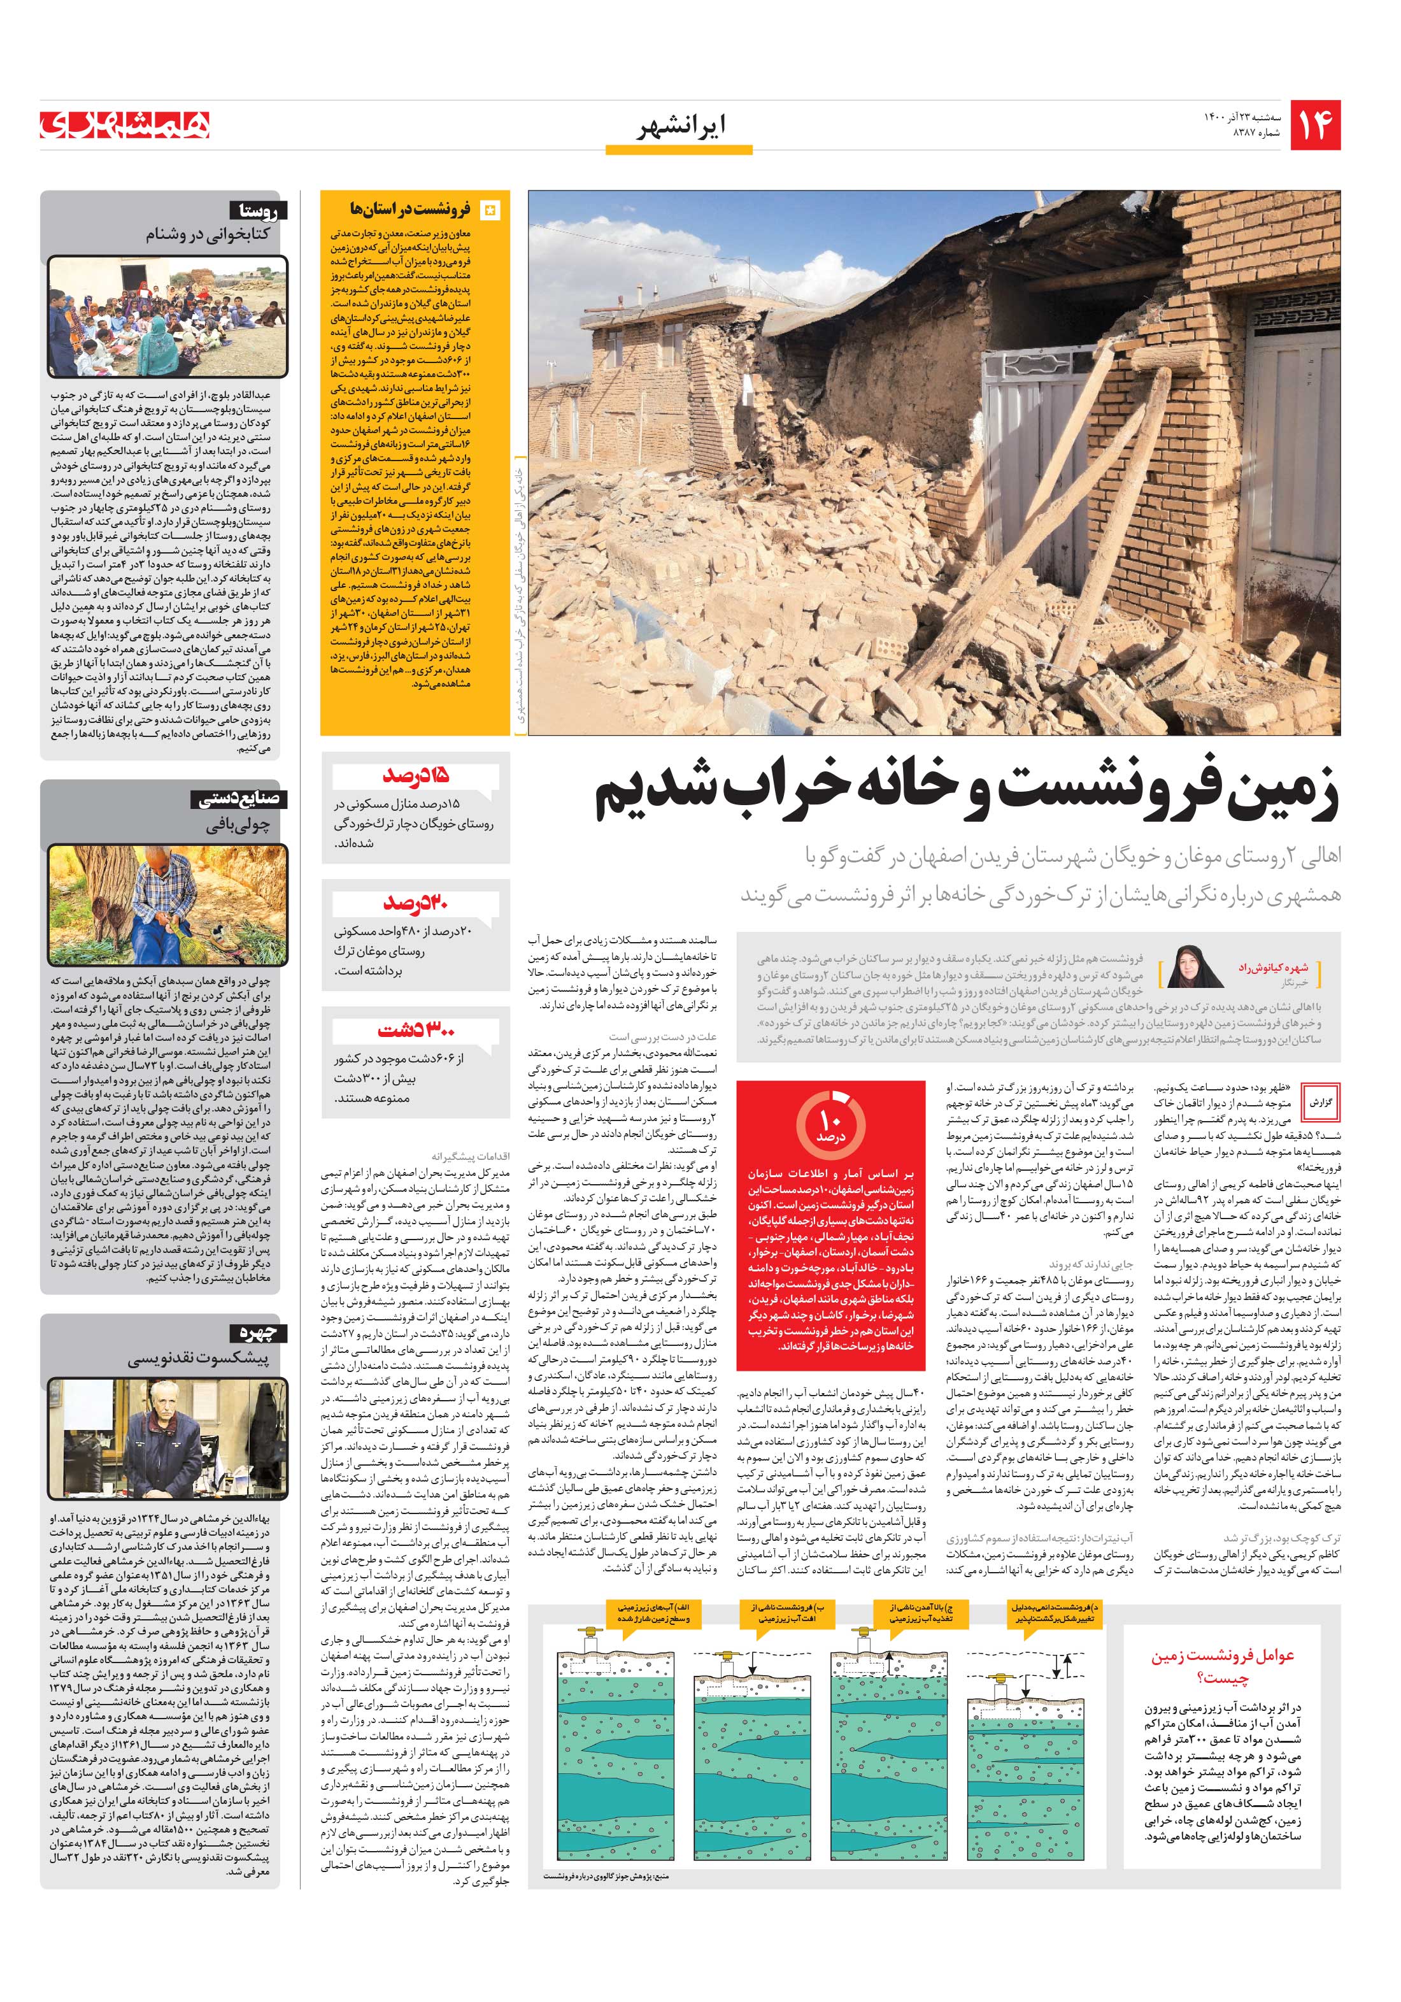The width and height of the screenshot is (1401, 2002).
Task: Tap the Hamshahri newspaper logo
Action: click(124, 125)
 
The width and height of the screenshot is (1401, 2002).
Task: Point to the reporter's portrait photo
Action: click(1188, 967)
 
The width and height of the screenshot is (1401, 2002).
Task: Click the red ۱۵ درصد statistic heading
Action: click(415, 775)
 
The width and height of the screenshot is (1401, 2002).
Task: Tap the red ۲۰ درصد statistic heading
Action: click(415, 903)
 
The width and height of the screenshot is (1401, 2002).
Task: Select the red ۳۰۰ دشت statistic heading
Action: click(416, 1031)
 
